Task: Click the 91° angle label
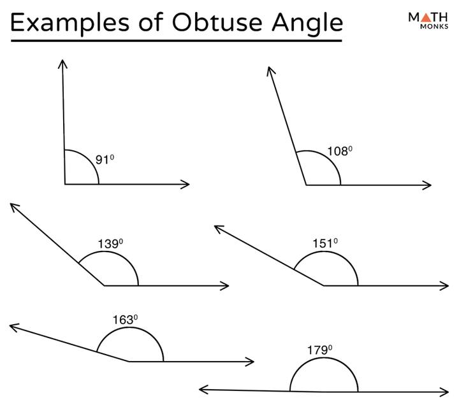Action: (x=105, y=160)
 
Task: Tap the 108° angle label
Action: (x=340, y=151)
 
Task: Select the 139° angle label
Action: (x=110, y=244)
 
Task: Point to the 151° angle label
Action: (x=325, y=243)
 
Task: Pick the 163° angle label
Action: (x=126, y=320)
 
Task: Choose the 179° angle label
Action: (x=319, y=350)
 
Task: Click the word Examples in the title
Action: (x=69, y=24)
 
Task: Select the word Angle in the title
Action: (x=307, y=24)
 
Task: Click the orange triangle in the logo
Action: (x=426, y=17)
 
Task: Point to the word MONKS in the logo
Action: (x=434, y=26)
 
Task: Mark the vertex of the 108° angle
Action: (x=306, y=185)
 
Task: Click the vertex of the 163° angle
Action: (x=129, y=362)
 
